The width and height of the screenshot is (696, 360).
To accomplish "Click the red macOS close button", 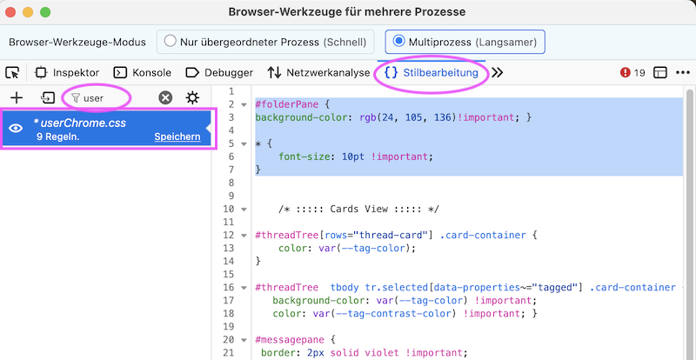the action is point(10,12).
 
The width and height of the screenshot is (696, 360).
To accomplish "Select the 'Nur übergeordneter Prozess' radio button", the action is point(171,41).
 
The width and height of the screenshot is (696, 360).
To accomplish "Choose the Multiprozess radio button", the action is point(399,41).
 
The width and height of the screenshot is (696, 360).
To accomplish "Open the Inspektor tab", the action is point(67,72).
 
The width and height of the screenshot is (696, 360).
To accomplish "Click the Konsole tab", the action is point(143,72).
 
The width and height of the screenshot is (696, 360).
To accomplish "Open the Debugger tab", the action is point(219,72).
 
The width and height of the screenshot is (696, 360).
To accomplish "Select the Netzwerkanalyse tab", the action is point(318,72).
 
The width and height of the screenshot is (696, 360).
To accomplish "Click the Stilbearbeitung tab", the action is point(432,72).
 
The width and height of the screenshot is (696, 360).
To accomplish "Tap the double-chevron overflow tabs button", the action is point(498,72).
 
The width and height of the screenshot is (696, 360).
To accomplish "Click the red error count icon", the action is point(626,72).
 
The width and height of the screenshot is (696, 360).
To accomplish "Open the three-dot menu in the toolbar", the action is point(682,72).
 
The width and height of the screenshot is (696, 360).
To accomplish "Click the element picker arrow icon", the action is point(13,72).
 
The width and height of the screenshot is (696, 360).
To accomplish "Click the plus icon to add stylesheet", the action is point(16,97).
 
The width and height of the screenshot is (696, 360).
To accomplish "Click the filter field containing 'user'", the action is point(97,97).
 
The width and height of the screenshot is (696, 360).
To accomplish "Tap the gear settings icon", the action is point(192,97).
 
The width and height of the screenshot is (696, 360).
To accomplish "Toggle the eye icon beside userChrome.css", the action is point(16,129).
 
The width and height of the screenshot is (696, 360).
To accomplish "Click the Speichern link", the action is point(177,137).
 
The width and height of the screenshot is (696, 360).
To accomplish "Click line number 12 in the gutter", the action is point(229,235).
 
